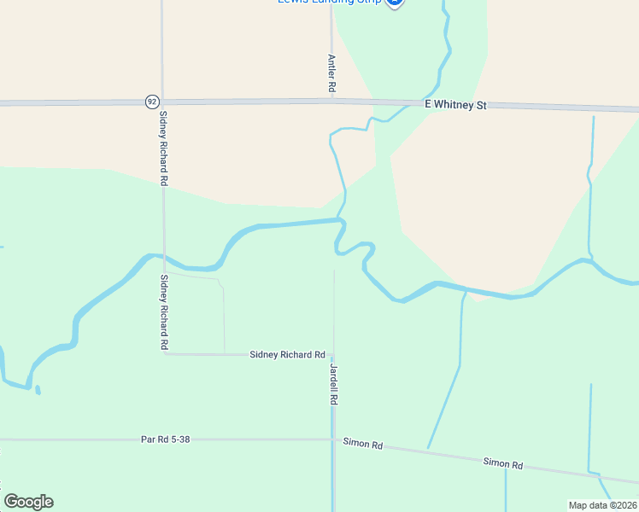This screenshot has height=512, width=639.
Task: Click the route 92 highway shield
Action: pos(151,101)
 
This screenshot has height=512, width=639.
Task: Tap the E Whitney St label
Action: pos(455,105)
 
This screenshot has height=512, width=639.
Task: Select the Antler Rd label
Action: pos(331,74)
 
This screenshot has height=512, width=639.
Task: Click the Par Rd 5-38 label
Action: pos(165,440)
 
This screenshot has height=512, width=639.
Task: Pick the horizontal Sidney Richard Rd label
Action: pos(287,354)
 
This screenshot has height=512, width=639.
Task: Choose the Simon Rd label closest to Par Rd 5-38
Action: pos(363,444)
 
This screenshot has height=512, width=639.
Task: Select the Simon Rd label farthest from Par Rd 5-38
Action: pos(502,463)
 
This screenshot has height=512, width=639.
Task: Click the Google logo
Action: pos(28,502)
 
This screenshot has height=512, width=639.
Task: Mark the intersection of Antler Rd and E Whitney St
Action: pos(331,100)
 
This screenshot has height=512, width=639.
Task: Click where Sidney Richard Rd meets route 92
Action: pos(162,101)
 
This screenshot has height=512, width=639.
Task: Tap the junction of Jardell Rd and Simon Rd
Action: pos(333,440)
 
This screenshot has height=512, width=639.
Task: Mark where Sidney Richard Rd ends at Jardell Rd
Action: pos(333,354)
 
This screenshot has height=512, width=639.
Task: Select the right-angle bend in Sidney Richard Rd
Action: pos(164,353)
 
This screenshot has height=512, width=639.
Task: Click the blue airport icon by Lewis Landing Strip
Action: pos(394,3)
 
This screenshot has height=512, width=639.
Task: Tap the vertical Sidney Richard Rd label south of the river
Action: pos(163,312)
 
